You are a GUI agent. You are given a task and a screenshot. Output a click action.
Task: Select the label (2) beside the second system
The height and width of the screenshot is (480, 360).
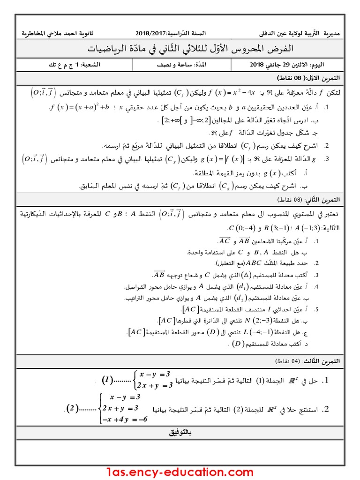tap(72, 407)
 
